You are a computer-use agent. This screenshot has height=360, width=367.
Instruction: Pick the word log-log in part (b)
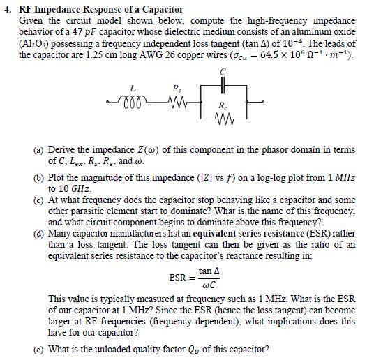point(241,179)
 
